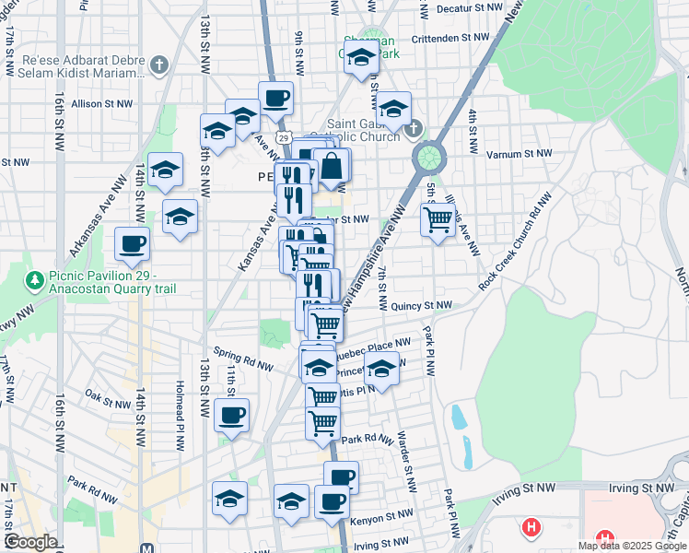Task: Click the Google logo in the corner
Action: pyautogui.click(x=30, y=542)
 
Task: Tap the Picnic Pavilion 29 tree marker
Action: pyautogui.click(x=35, y=278)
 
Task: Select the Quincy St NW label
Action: pyautogui.click(x=420, y=305)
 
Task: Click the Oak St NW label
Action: pyautogui.click(x=108, y=402)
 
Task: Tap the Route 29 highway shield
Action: pyautogui.click(x=286, y=137)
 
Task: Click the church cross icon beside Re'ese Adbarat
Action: pyautogui.click(x=160, y=64)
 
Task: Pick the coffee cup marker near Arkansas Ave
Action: pyautogui.click(x=132, y=244)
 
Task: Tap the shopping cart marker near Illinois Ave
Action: pyautogui.click(x=437, y=219)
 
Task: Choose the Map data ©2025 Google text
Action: pyautogui.click(x=632, y=546)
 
